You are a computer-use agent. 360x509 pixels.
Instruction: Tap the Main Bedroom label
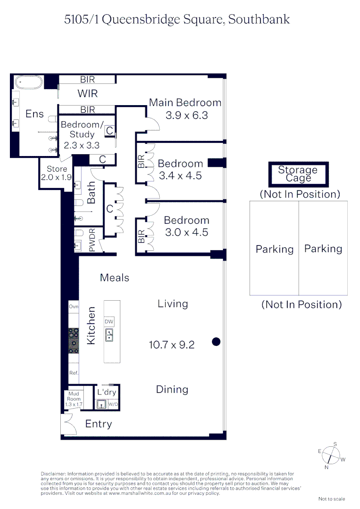(x=185, y=102)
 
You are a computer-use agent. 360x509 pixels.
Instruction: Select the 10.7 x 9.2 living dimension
(x=172, y=345)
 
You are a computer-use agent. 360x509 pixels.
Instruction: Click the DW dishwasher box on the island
(x=109, y=321)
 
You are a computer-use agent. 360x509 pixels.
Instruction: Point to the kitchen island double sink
(x=109, y=335)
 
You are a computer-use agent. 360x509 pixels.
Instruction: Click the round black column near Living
(x=216, y=342)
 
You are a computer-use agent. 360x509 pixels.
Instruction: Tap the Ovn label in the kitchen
(x=74, y=307)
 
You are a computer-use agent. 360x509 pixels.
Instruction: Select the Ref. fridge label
(x=74, y=373)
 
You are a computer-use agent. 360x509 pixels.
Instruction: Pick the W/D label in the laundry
(x=113, y=404)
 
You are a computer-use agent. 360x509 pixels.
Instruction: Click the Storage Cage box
(x=298, y=174)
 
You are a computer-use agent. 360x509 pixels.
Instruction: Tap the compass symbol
(x=332, y=455)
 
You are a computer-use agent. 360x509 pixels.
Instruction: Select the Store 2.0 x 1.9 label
(x=57, y=173)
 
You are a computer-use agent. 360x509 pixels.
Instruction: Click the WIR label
(x=88, y=94)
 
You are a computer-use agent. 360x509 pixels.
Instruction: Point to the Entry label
(x=98, y=424)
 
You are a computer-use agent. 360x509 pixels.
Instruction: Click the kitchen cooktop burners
(x=74, y=340)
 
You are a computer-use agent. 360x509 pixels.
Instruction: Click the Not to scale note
(x=332, y=499)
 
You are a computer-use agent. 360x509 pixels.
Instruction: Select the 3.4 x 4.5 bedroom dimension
(x=180, y=176)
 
